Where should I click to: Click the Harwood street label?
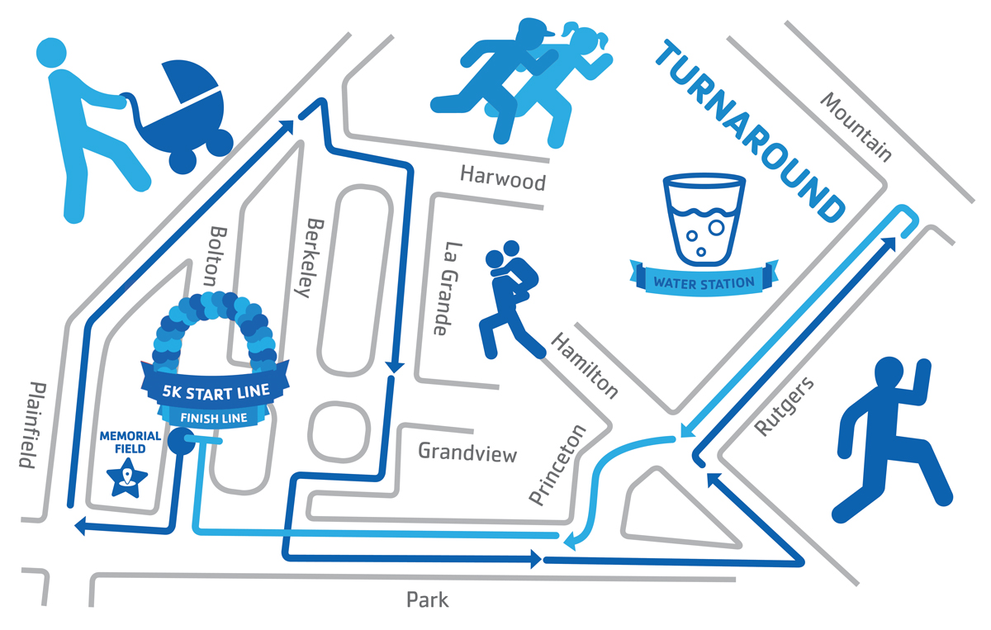[x=503, y=178]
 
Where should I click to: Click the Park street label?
[x=428, y=599]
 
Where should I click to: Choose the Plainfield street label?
[x=30, y=425]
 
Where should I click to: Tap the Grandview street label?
[x=467, y=452]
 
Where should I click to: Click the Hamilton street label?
[x=584, y=365]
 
